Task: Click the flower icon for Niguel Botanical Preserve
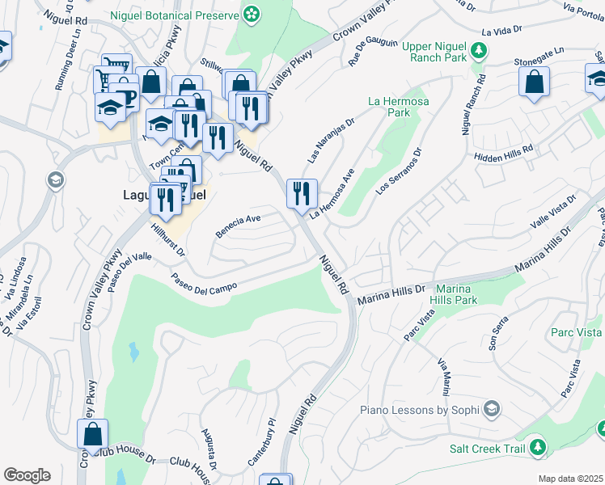coord(252,13)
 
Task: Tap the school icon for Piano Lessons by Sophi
coord(491,408)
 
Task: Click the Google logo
coord(27,475)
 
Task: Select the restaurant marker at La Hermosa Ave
coord(302,194)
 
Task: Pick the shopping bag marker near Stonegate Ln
coord(535,82)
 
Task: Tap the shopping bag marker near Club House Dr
coord(93,434)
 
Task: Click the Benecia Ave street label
coord(238,226)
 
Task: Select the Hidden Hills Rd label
coord(505,154)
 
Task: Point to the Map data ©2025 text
coord(570,479)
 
